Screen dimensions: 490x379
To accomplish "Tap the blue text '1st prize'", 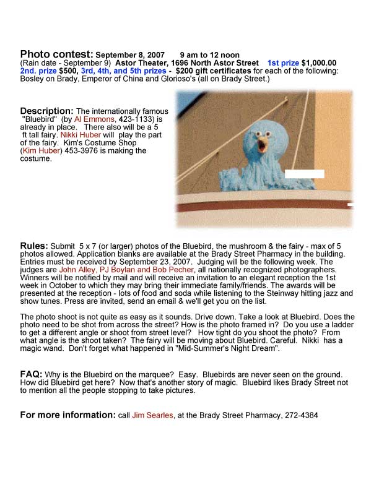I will [x=283, y=63].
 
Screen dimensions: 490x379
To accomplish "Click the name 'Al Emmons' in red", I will [x=94, y=118].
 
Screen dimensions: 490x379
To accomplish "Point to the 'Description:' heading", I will [x=47, y=110].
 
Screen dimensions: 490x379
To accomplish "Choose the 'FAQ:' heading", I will [x=32, y=374].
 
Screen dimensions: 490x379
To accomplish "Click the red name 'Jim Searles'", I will [x=152, y=416].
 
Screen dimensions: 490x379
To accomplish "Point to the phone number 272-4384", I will [x=300, y=416].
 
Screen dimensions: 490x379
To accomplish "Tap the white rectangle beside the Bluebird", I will [x=304, y=174].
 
